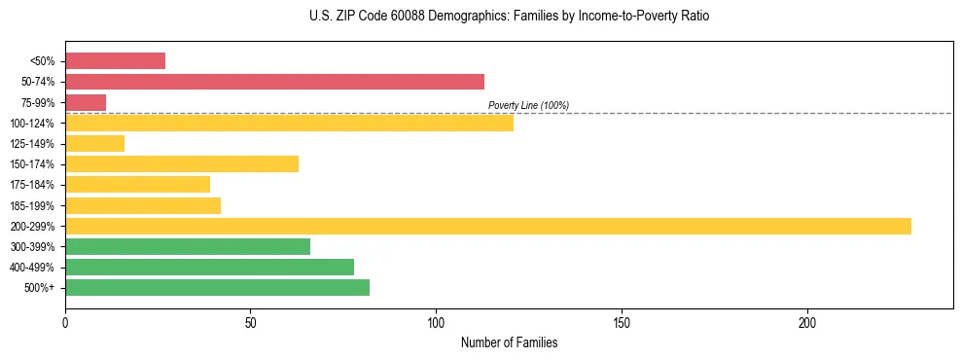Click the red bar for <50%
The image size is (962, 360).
(115, 61)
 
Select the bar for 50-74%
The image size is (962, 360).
(274, 82)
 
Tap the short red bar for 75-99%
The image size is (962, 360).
(86, 102)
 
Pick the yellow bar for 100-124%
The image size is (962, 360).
(289, 123)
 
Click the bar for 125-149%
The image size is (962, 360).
(94, 143)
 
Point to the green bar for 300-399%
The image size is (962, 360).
(188, 246)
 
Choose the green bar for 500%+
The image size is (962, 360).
(217, 287)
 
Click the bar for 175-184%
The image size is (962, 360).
(137, 184)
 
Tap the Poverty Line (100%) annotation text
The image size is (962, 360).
(528, 105)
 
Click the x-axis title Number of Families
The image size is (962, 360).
(509, 342)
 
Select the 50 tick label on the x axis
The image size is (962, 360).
(250, 322)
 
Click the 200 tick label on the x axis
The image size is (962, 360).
(807, 322)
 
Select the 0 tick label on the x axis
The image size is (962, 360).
(65, 322)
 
